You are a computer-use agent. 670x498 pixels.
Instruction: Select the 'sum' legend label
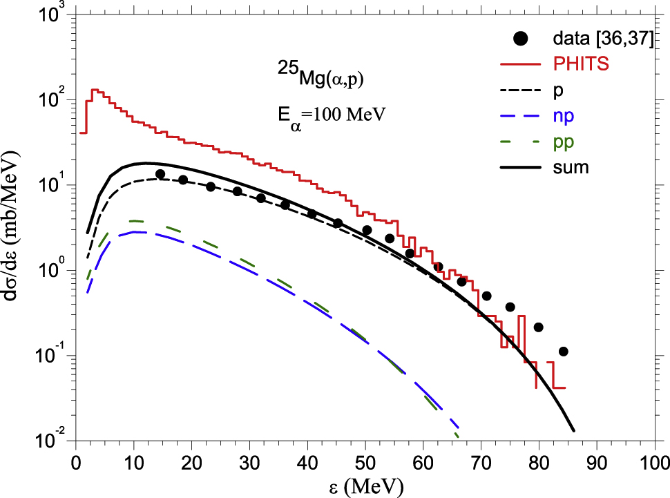pyautogui.click(x=571, y=167)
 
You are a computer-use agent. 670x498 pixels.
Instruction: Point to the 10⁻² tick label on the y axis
pyautogui.click(x=50, y=441)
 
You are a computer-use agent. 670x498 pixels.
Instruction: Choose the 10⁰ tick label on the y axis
pyautogui.click(x=51, y=269)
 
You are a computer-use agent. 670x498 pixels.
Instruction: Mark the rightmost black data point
pyautogui.click(x=563, y=352)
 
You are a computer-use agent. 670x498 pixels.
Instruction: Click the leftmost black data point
pyautogui.click(x=160, y=174)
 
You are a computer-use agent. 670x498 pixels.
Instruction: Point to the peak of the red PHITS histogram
pyautogui.click(x=95, y=90)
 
